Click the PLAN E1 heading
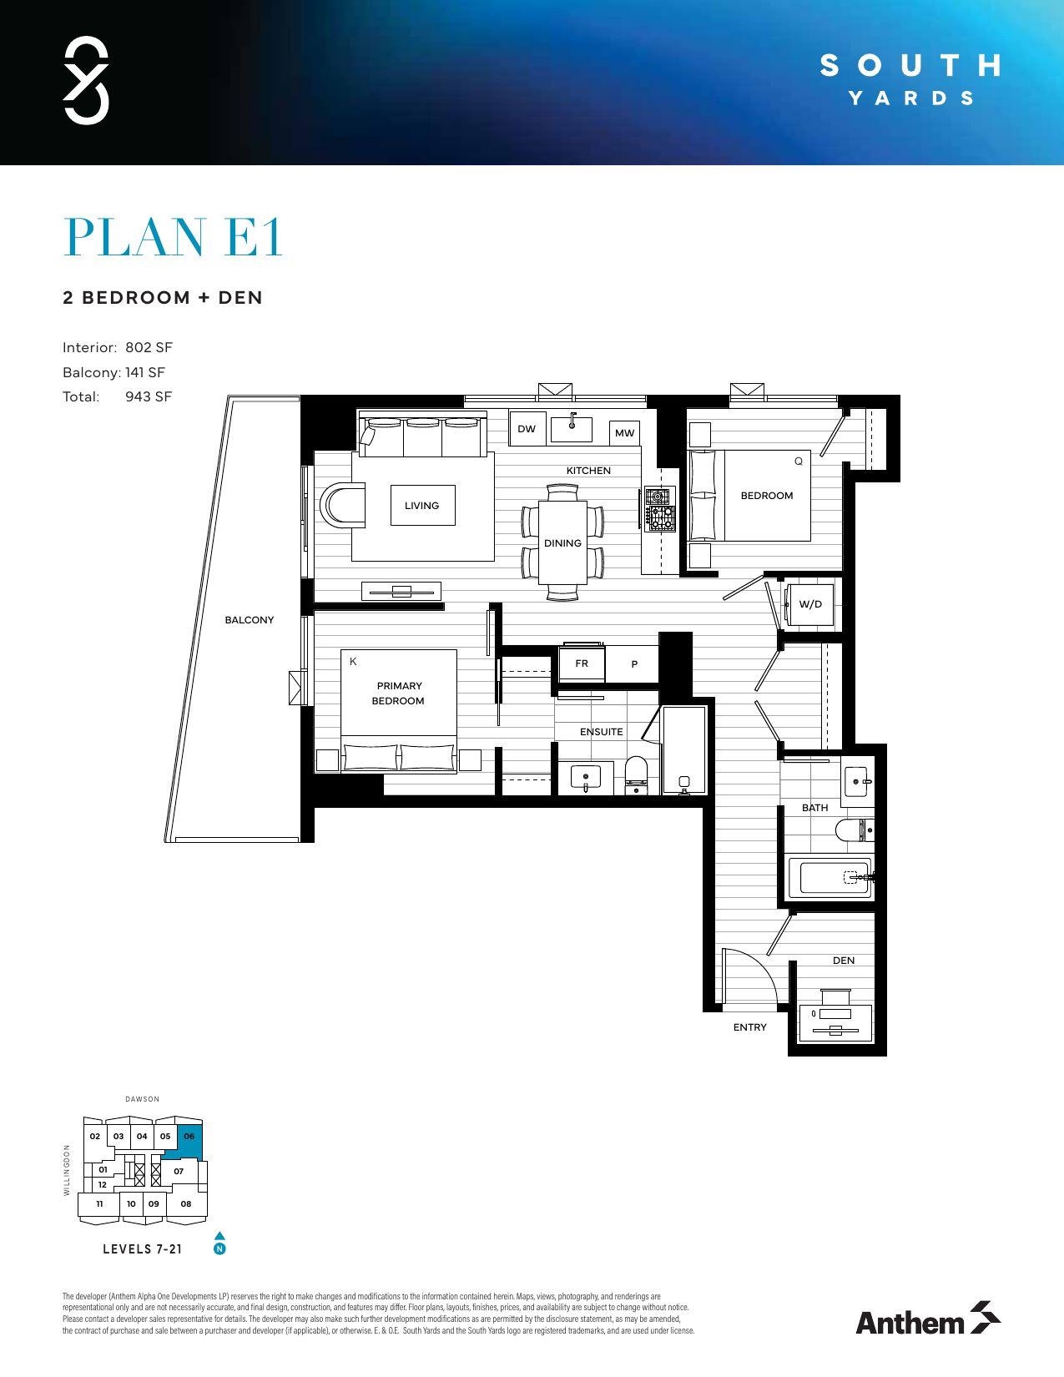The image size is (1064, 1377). pyautogui.click(x=174, y=238)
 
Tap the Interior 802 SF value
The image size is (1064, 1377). pyautogui.click(x=149, y=347)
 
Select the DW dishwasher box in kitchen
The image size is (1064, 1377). pyautogui.click(x=527, y=429)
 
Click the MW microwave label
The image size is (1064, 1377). pyautogui.click(x=624, y=432)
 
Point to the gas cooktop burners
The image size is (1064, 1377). pyautogui.click(x=660, y=509)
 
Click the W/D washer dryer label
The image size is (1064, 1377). pyautogui.click(x=810, y=604)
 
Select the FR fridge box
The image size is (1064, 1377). pyautogui.click(x=582, y=663)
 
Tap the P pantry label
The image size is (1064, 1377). pyautogui.click(x=634, y=664)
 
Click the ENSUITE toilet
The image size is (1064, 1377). pyautogui.click(x=636, y=774)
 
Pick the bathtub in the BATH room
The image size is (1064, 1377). pyautogui.click(x=830, y=878)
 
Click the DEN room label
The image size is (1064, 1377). pyautogui.click(x=844, y=961)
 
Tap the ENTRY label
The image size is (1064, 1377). pyautogui.click(x=749, y=1027)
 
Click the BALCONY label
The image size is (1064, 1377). pyautogui.click(x=249, y=620)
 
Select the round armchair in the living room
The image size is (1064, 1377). pyautogui.click(x=343, y=505)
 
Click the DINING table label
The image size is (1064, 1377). pyautogui.click(x=562, y=543)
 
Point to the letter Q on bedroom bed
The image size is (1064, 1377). pyautogui.click(x=798, y=462)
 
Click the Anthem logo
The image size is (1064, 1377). pyautogui.click(x=927, y=1319)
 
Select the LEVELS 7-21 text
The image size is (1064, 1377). pyautogui.click(x=142, y=1249)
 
